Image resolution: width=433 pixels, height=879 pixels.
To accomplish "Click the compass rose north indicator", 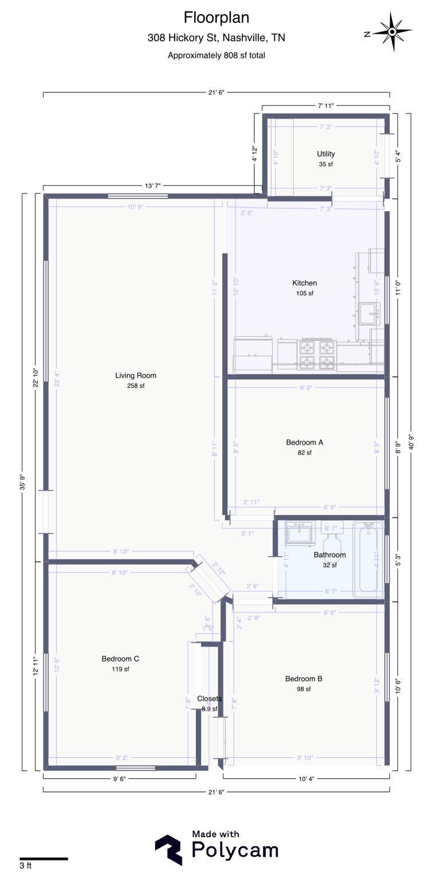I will pyautogui.click(x=392, y=32).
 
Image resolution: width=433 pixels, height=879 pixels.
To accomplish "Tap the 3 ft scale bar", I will pyautogui.click(x=44, y=858).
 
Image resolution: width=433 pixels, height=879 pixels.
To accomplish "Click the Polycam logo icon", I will pyautogui.click(x=168, y=849).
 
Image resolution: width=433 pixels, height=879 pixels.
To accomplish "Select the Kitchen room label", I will pyautogui.click(x=304, y=283).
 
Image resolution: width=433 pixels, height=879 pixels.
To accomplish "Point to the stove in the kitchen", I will pyautogui.click(x=317, y=355).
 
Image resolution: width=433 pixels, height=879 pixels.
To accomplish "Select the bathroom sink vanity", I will pyautogui.click(x=300, y=534).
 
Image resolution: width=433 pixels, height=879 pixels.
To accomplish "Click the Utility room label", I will pyautogui.click(x=326, y=154).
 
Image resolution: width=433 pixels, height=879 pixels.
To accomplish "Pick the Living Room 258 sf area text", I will pyautogui.click(x=135, y=386).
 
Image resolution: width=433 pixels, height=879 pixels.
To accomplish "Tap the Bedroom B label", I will pyautogui.click(x=304, y=679).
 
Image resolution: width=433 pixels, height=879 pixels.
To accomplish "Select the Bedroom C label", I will pyautogui.click(x=120, y=659).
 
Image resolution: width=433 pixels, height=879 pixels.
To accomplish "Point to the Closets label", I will pyautogui.click(x=209, y=699).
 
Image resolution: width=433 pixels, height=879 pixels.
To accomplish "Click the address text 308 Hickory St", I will pyautogui.click(x=216, y=38).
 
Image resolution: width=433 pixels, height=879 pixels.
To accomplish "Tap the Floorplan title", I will pyautogui.click(x=216, y=17).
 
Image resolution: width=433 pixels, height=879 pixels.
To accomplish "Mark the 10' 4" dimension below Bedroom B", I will pyautogui.click(x=306, y=778).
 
